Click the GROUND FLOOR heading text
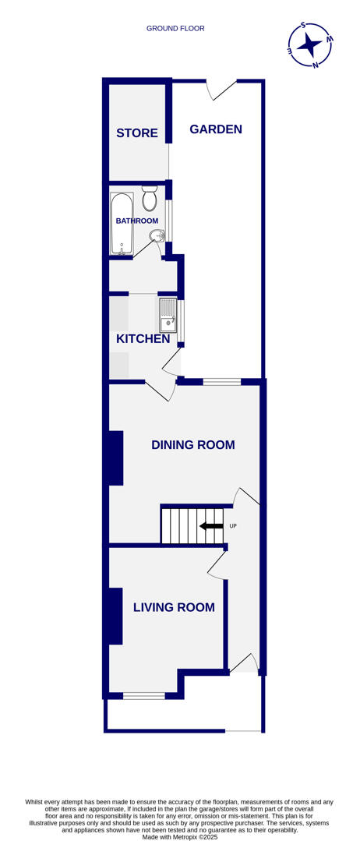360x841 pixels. click(x=175, y=29)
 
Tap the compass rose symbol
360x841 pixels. click(x=309, y=44)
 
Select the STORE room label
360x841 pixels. click(x=137, y=133)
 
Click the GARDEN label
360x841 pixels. click(x=216, y=129)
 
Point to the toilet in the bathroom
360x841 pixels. click(x=150, y=200)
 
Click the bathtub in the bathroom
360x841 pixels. click(x=122, y=224)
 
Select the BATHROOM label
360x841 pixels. click(x=137, y=221)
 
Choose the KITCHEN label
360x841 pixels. click(x=143, y=339)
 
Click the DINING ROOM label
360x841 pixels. click(x=192, y=445)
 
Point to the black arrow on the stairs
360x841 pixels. click(x=211, y=526)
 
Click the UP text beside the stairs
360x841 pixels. click(x=233, y=526)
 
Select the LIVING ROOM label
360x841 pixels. click(x=174, y=607)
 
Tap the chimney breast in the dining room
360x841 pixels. click(x=116, y=458)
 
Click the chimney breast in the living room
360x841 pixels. click(x=115, y=616)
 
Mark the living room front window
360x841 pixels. click(x=144, y=695)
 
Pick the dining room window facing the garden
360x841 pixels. click(x=222, y=382)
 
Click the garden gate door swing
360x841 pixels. click(x=221, y=89)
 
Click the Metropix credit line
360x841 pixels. click(x=179, y=836)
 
